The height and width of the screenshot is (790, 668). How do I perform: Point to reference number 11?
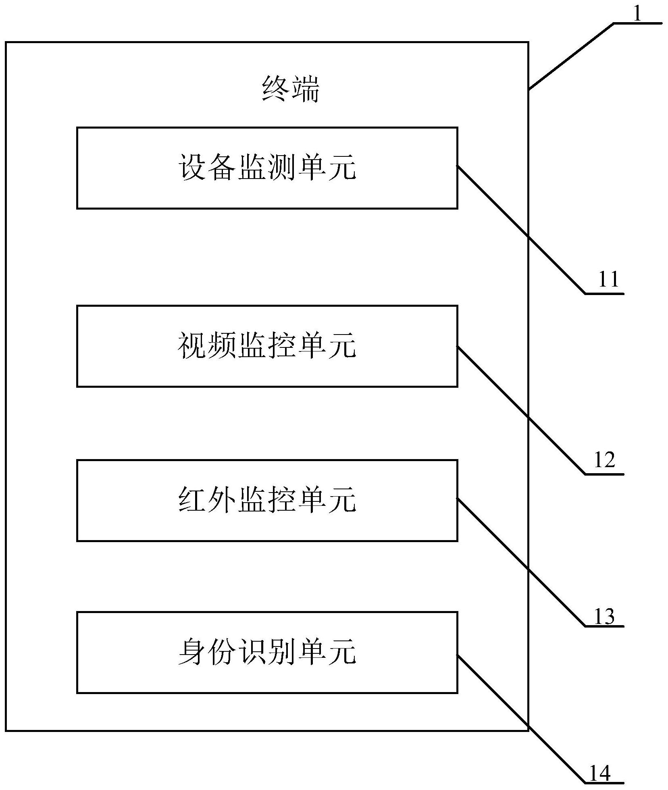coord(608,279)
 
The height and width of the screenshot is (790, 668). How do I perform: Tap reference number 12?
coord(605,459)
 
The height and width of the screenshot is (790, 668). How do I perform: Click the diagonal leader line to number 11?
coord(521,229)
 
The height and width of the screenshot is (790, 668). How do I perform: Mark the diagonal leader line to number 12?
coord(521,410)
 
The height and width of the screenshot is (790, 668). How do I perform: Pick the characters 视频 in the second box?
coord(206,345)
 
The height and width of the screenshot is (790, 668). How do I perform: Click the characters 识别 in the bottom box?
coord(267,652)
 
